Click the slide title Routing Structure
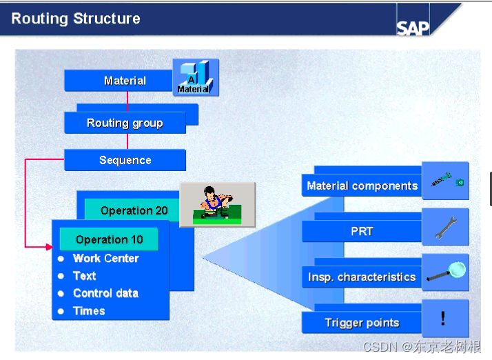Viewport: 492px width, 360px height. point(76,19)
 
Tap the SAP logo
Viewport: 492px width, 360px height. point(413,27)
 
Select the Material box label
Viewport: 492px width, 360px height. point(125,81)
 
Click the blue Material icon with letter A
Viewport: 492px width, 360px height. point(195,77)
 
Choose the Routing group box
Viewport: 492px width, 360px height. point(125,123)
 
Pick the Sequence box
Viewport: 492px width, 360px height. point(125,160)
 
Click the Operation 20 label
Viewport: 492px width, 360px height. point(134,210)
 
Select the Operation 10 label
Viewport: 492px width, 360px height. point(109,239)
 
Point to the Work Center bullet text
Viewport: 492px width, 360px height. point(105,259)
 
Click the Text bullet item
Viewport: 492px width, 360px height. point(85,276)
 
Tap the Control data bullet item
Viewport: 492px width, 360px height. point(105,293)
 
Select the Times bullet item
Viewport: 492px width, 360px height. point(89,311)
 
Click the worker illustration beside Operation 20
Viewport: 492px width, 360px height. point(217,204)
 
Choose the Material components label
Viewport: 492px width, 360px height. point(362,186)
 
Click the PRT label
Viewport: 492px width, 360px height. point(362,231)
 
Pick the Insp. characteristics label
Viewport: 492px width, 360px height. point(362,277)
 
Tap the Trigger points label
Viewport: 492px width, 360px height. point(362,323)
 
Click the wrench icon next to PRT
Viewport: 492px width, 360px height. point(445,227)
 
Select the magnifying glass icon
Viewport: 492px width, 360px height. point(445,272)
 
